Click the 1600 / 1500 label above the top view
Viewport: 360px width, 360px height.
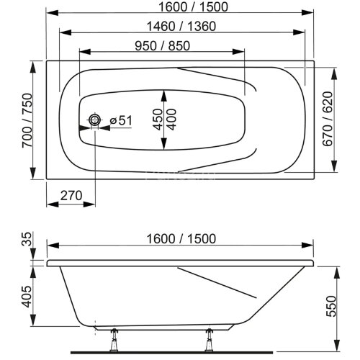click(181, 6)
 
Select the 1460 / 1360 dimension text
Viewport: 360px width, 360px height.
click(181, 26)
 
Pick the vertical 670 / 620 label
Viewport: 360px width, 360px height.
click(327, 120)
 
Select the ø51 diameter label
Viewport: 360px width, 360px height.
click(121, 121)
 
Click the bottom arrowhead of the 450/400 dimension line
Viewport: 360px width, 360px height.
click(165, 148)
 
